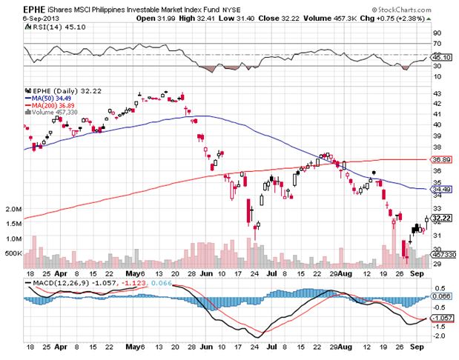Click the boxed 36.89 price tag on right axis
[442, 159]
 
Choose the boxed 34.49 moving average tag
[442, 190]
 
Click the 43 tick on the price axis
[437, 93]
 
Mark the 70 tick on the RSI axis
[437, 33]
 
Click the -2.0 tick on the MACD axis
[439, 336]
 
